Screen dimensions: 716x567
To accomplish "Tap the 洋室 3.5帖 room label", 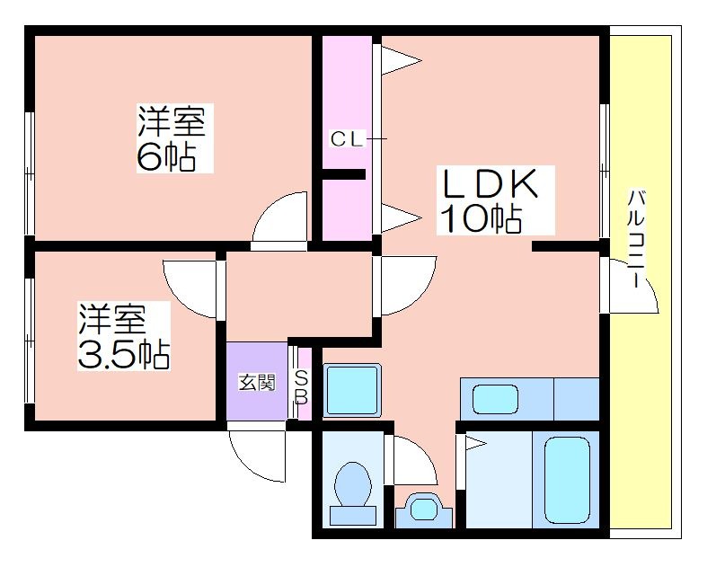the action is [124, 336].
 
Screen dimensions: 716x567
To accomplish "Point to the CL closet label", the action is [348, 139].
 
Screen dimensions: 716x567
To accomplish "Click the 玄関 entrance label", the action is [258, 382].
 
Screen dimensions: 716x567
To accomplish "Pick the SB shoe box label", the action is [301, 386].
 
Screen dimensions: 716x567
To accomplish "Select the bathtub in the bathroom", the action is [568, 480].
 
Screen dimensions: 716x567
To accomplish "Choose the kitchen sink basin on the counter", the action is [495, 399].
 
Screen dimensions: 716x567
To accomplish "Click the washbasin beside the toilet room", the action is [425, 509].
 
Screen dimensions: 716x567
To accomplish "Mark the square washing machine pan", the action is [352, 390].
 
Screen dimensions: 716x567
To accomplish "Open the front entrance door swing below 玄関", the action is [257, 452].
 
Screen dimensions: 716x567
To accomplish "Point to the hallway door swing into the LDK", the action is [409, 286].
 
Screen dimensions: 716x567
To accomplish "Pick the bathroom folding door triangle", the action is [476, 443].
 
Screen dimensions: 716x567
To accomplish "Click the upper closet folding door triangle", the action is [401, 60].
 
